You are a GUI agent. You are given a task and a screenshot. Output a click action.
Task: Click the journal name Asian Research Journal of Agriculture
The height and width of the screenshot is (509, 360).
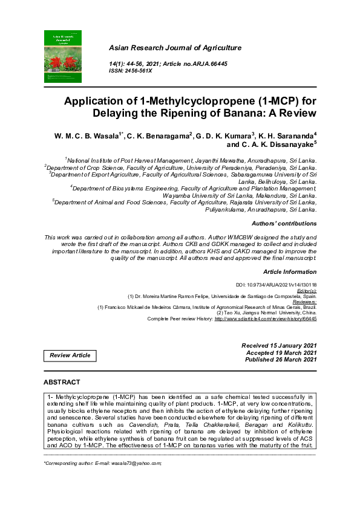pyautogui.click(x=174, y=48)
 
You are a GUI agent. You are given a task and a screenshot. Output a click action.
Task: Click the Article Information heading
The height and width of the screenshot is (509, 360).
pyautogui.click(x=290, y=272)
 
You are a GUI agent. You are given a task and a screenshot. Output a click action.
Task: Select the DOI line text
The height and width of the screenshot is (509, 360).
pyautogui.click(x=276, y=285)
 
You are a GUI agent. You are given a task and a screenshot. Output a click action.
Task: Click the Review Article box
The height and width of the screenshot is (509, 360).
pyautogui.click(x=70, y=355)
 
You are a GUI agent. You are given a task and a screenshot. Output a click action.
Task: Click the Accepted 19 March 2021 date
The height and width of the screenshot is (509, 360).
pyautogui.click(x=281, y=352)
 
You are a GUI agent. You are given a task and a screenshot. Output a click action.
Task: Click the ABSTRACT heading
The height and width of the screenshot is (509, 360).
pyautogui.click(x=62, y=383)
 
